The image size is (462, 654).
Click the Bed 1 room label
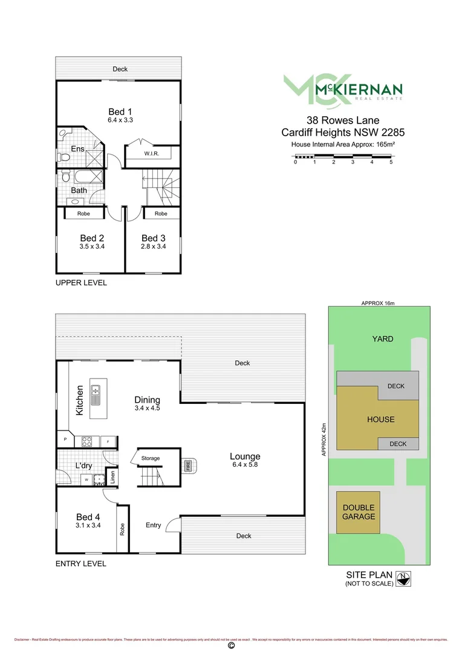coord(120,111)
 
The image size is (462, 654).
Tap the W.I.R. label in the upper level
coord(151,154)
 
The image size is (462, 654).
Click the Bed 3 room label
coord(154,238)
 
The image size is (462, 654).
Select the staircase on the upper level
coord(161,186)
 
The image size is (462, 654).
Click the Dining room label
coord(147,400)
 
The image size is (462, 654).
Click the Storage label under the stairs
coord(151,459)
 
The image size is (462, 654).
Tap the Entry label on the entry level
coord(153,525)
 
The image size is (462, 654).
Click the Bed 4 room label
coord(88,517)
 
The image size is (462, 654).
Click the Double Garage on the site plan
coord(359,512)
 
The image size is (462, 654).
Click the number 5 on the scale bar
coord(391,162)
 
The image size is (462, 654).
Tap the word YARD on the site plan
coord(383,339)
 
